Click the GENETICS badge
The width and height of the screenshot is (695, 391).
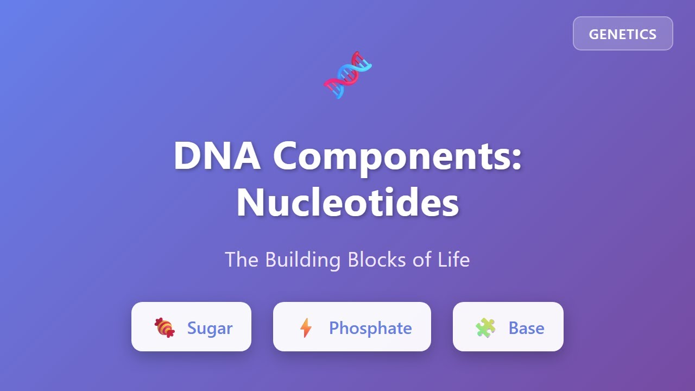pos(623,34)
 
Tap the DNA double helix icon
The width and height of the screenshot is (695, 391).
pos(347,75)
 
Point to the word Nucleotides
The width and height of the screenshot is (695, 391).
pos(347,203)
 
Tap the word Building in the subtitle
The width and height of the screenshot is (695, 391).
pos(302,260)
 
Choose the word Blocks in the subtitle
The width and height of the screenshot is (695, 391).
pos(377,260)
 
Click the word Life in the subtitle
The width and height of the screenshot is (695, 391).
pos(454,260)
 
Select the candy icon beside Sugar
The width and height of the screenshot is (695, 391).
pos(165,327)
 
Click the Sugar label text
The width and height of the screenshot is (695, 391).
pos(210,328)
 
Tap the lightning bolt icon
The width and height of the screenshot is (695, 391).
pos(306,327)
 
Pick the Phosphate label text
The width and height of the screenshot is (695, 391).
pos(370,328)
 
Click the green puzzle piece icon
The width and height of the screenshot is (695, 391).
pos(485,327)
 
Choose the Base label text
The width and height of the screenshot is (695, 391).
pos(526,328)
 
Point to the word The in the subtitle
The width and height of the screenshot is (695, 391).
pos(242,260)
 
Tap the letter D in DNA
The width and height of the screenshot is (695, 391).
pos(187,156)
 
